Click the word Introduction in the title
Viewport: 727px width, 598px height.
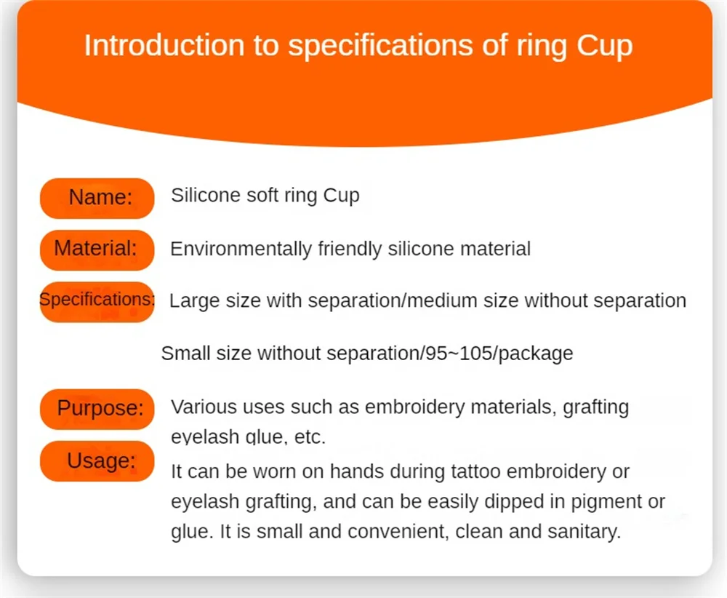pyautogui.click(x=164, y=45)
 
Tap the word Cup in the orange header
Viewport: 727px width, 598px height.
pyautogui.click(x=605, y=47)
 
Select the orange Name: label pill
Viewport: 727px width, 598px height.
pyautogui.click(x=97, y=198)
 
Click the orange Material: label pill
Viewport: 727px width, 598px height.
pyautogui.click(x=97, y=250)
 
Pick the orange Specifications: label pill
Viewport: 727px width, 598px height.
pyautogui.click(x=97, y=302)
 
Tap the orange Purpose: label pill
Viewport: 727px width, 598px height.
pyautogui.click(x=97, y=409)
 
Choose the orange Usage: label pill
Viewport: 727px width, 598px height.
pyautogui.click(x=97, y=461)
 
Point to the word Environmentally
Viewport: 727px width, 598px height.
pyautogui.click(x=241, y=249)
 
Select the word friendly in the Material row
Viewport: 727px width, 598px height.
pyautogui.click(x=350, y=249)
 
